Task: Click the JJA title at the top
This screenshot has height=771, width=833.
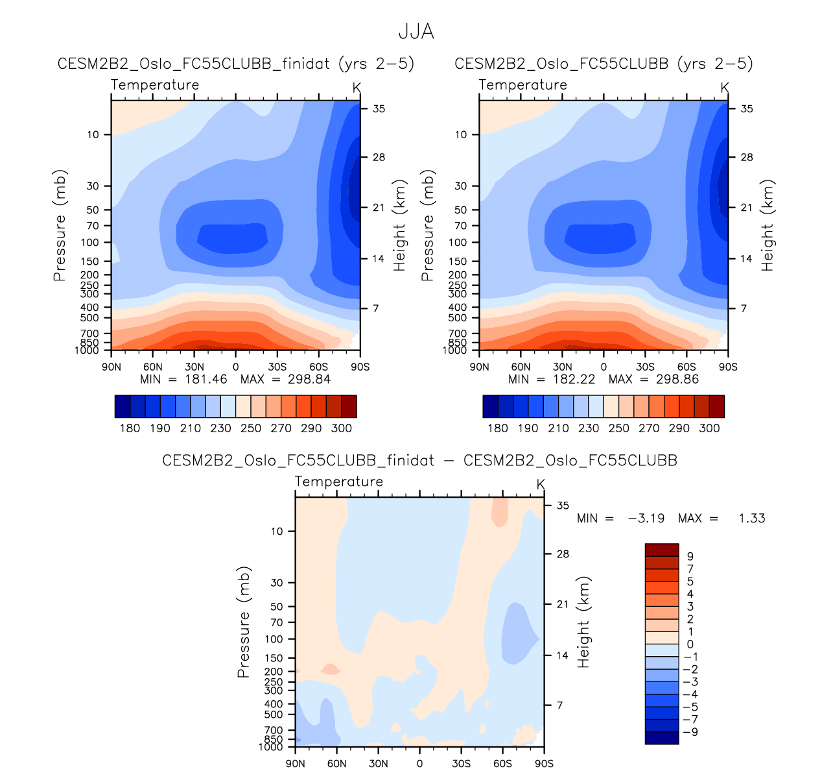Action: (x=416, y=31)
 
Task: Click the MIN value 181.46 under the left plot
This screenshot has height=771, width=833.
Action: (x=205, y=379)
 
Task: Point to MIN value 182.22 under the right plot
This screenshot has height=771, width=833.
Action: (x=574, y=379)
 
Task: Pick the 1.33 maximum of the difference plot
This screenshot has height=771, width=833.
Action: (x=751, y=519)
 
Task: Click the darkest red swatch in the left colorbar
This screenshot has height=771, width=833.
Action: (x=349, y=406)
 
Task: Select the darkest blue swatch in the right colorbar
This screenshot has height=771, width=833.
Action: (x=491, y=406)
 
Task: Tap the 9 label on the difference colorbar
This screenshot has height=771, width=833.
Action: (x=690, y=556)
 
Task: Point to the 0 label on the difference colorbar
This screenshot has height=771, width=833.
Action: (x=690, y=644)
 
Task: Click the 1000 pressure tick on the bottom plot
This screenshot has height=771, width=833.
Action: (x=271, y=747)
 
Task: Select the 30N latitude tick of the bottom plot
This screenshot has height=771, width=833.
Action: (x=378, y=763)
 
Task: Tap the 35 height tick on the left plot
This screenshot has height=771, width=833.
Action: (x=379, y=109)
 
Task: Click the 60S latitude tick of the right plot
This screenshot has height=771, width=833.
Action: (x=686, y=367)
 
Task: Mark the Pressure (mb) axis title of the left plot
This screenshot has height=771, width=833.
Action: (x=60, y=225)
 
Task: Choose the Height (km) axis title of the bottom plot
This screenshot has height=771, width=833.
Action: (x=584, y=622)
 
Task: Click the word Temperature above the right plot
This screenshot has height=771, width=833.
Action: (x=522, y=85)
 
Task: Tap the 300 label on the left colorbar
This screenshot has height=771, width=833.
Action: (x=341, y=428)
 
